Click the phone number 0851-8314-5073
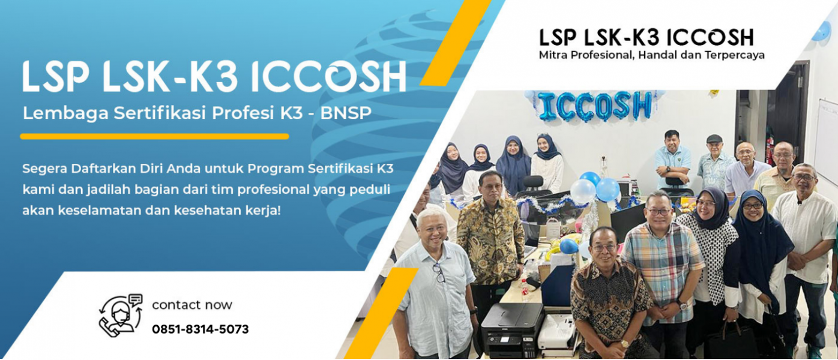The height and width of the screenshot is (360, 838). [200, 329]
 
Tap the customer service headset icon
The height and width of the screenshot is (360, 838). [121, 314]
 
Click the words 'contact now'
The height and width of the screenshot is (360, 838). [192, 305]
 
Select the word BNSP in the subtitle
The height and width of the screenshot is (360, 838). [346, 113]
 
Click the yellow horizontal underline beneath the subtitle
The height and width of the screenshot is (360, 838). [154, 136]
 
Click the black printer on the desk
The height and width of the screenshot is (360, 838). [512, 329]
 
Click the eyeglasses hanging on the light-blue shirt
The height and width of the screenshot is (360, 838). [439, 272]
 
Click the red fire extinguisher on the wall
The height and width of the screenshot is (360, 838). [769, 149]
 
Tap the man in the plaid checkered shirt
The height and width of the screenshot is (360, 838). [662, 269]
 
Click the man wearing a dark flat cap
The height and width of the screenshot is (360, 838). [714, 161]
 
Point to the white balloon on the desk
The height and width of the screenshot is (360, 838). [583, 191]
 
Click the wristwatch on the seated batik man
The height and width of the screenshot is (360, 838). [624, 344]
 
